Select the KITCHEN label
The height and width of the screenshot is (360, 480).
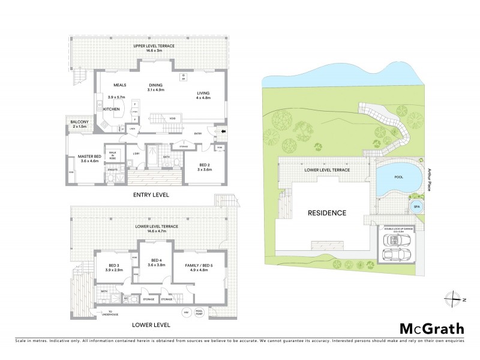tap(112, 109)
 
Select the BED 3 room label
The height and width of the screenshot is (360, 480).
tap(116, 266)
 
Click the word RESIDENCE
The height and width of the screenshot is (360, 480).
tap(327, 213)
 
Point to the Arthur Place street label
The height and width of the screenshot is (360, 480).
tap(430, 180)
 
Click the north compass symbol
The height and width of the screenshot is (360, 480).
tap(454, 299)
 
